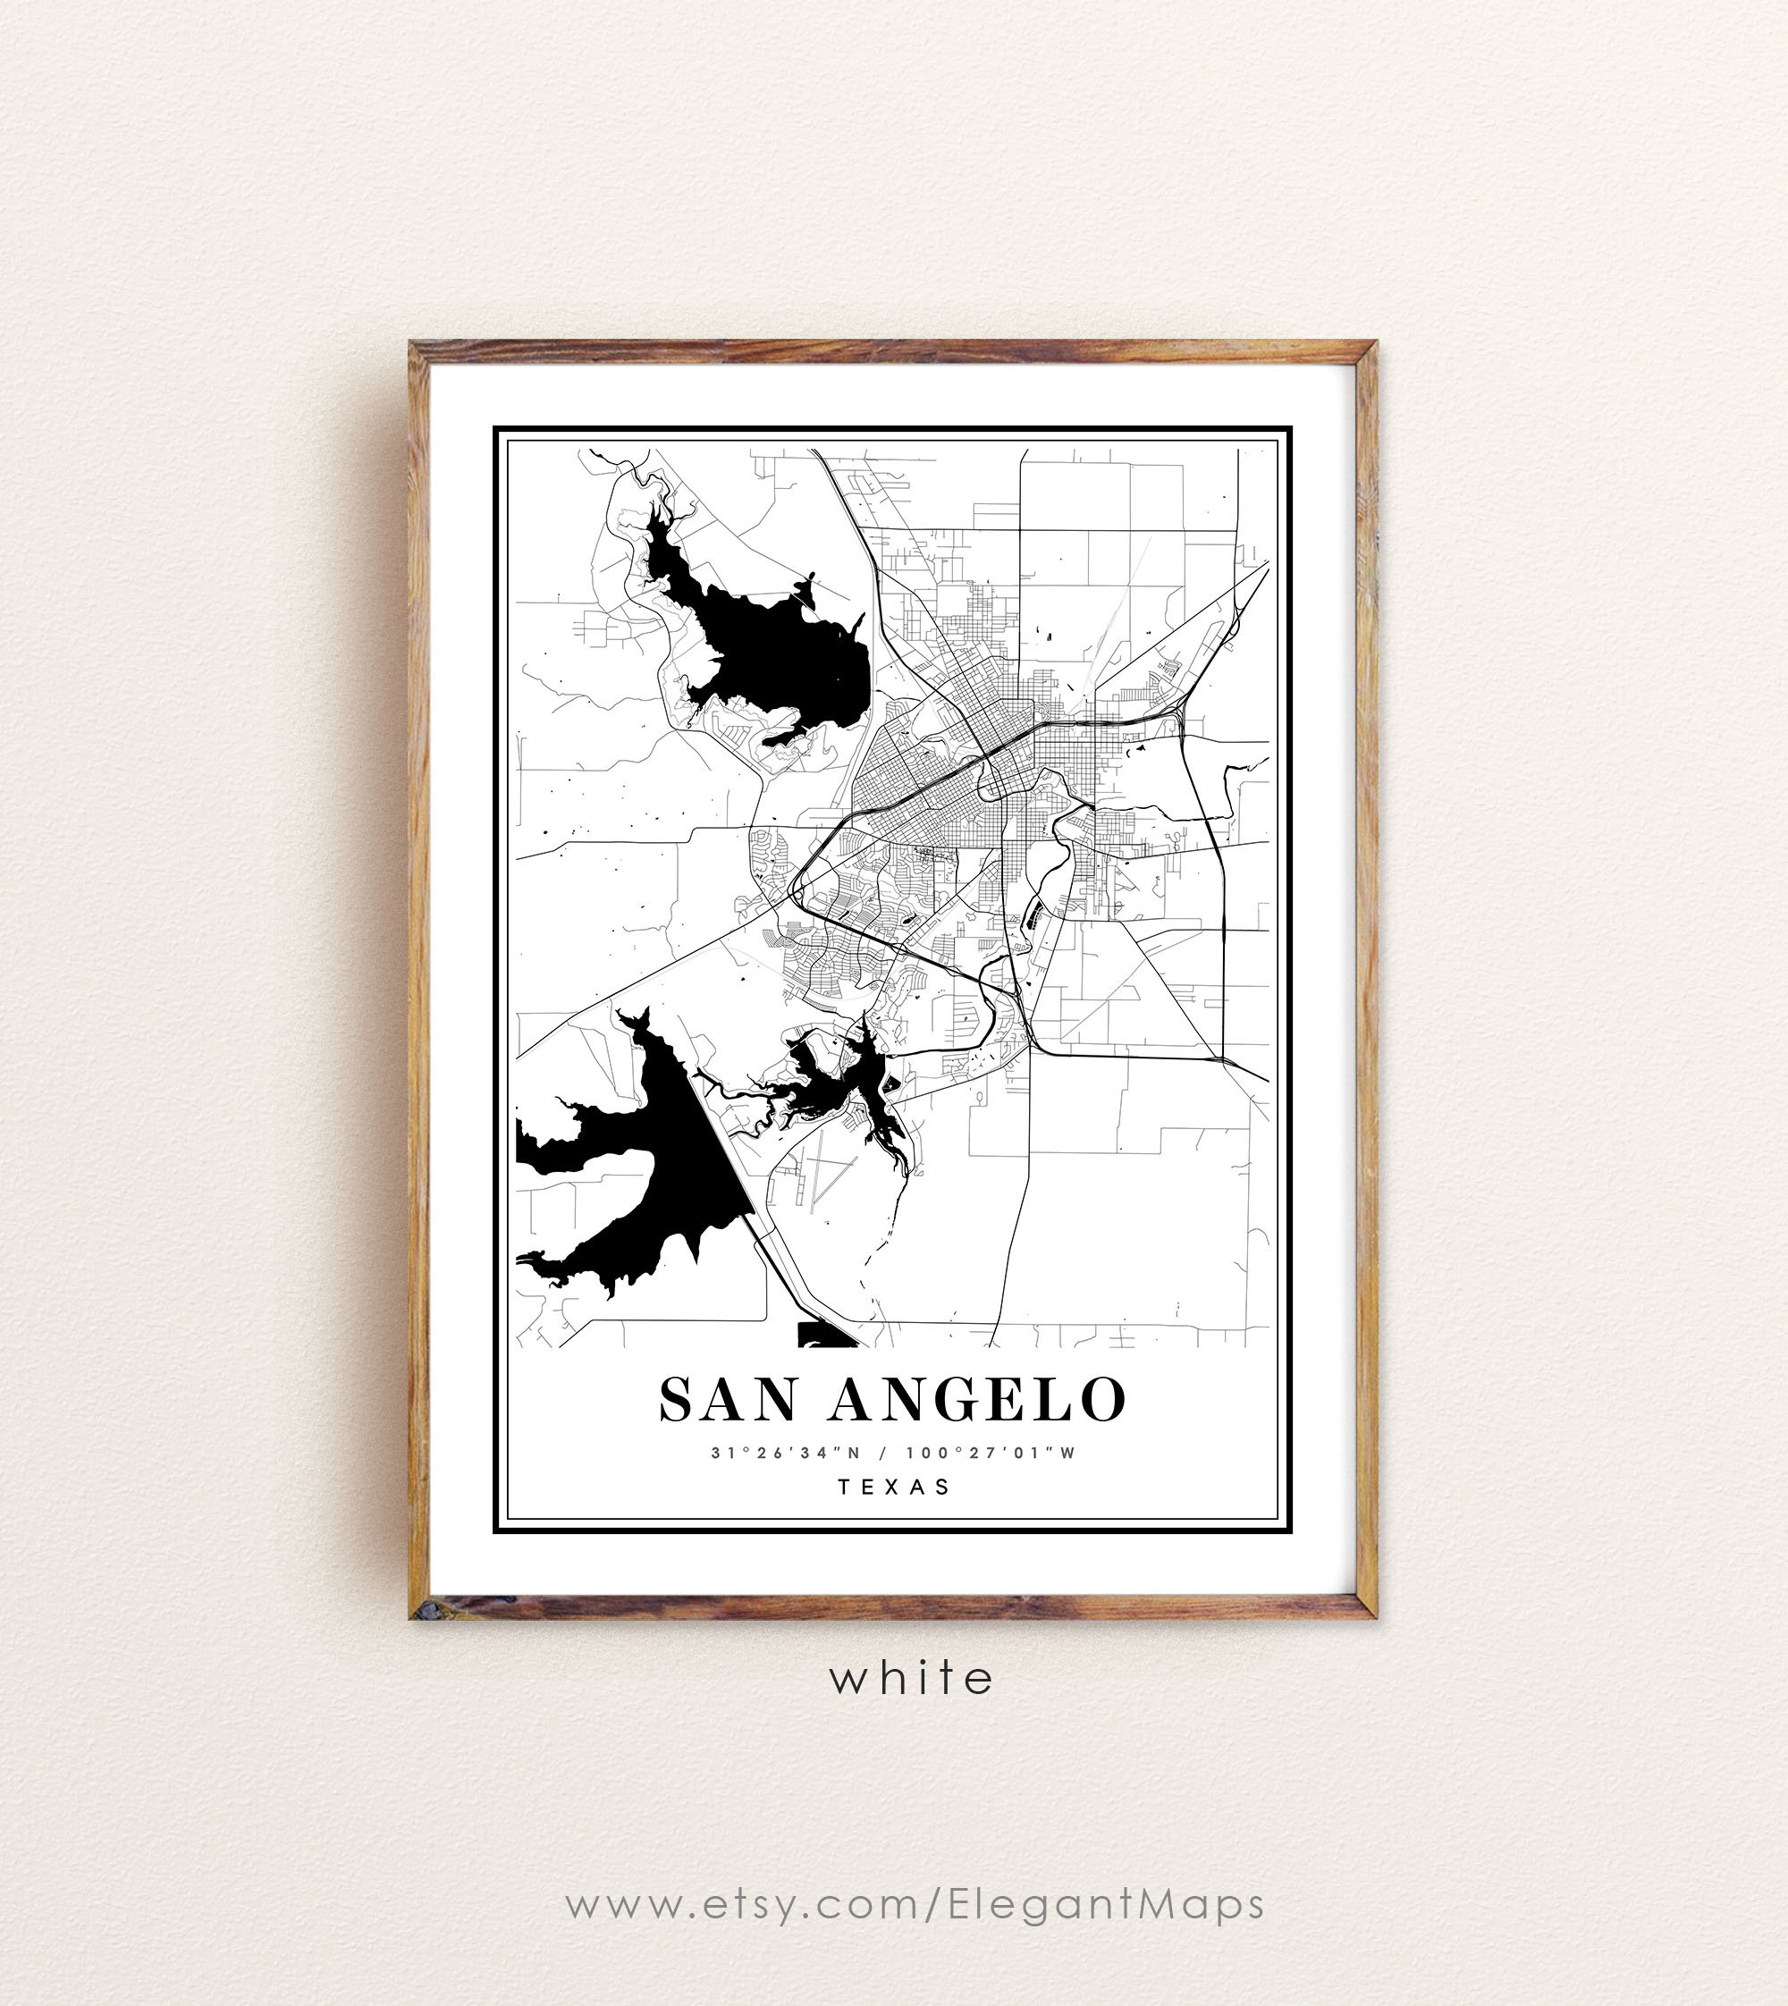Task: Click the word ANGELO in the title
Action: pyautogui.click(x=977, y=1400)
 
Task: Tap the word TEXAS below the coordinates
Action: pyautogui.click(x=894, y=1487)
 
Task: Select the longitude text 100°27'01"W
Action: pyautogui.click(x=991, y=1453)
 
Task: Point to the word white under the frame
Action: pyautogui.click(x=912, y=1678)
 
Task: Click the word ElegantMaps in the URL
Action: pyautogui.click(x=1106, y=1904)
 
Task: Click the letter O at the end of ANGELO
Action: pyautogui.click(x=1104, y=1400)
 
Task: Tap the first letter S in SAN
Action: pyautogui.click(x=676, y=1400)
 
